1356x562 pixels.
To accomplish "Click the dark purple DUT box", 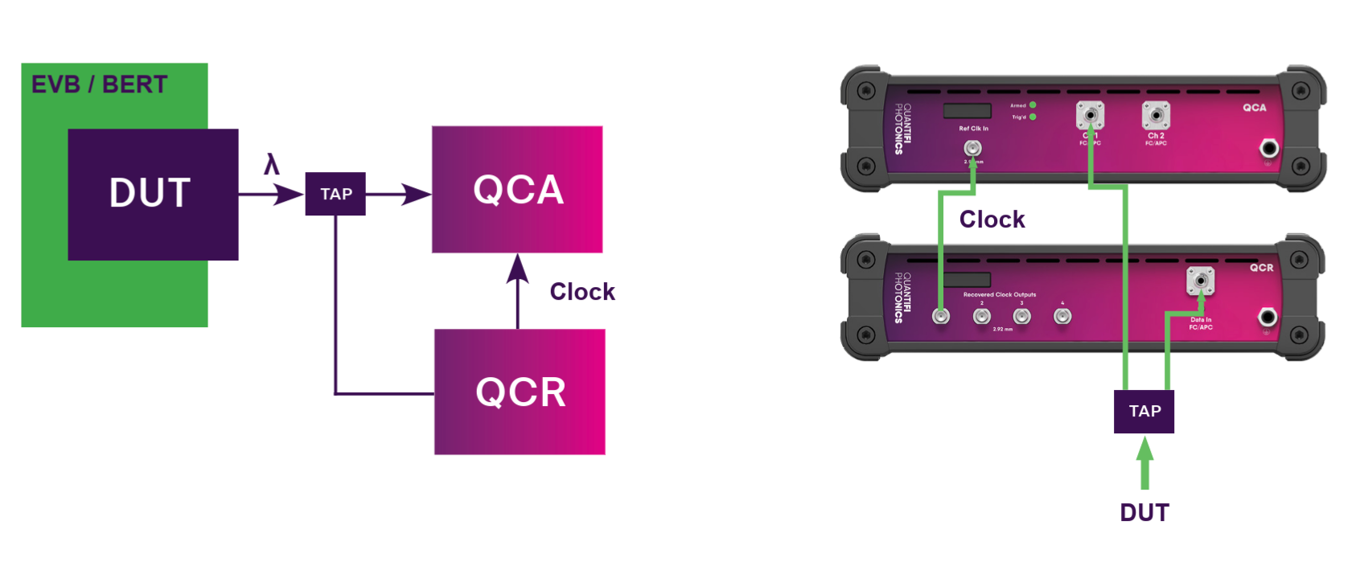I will [153, 194].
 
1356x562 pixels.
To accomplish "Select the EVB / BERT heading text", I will [99, 84].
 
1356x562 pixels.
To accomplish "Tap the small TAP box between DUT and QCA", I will [335, 194].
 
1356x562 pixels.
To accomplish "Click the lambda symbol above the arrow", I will [272, 165].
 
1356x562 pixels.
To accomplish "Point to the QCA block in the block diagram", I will [517, 189].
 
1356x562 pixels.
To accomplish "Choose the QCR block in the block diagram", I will [520, 392].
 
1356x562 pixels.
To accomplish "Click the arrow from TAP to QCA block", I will [399, 194].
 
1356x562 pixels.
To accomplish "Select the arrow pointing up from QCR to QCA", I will [518, 289].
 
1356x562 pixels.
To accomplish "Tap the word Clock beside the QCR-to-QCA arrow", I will [582, 291].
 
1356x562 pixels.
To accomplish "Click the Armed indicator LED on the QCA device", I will [1033, 105].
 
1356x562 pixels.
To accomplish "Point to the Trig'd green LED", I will [1033, 117].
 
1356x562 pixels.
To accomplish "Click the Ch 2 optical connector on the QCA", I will [1156, 116].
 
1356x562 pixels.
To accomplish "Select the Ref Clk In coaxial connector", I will [972, 148].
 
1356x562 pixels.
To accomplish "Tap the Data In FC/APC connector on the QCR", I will [1200, 281].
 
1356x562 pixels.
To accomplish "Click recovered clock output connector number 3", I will [1021, 316].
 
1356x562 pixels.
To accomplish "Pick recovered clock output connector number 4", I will [1062, 316].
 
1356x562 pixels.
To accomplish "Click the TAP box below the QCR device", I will [1144, 412].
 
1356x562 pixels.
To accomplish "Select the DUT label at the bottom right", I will [1144, 512].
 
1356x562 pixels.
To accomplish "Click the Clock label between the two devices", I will [992, 219].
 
